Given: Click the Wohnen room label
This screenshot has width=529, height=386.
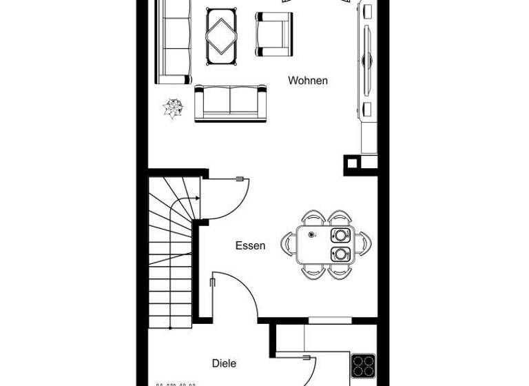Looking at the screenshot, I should tap(308, 81).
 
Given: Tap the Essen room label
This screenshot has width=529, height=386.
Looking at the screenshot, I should tap(250, 245).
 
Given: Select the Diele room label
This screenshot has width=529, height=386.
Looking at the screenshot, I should tap(224, 363).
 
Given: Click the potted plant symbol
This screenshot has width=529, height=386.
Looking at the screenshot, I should tap(173, 108).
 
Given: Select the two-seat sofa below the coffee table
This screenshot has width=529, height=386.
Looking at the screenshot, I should tap(231, 103).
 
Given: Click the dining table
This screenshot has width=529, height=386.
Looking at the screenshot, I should tap(325, 245).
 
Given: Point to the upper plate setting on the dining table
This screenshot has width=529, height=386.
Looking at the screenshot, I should tap(340, 235).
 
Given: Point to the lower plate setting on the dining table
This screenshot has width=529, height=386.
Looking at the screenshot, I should tap(340, 254).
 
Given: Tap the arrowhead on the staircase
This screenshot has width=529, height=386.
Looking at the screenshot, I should tap(198, 199).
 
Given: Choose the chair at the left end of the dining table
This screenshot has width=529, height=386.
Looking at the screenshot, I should tap(288, 244).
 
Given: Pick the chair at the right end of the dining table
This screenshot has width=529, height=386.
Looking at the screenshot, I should tap(364, 244).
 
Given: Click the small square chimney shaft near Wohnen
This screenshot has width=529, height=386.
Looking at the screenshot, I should tap(352, 163).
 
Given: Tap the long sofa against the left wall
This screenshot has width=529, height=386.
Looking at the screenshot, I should tap(174, 41).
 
